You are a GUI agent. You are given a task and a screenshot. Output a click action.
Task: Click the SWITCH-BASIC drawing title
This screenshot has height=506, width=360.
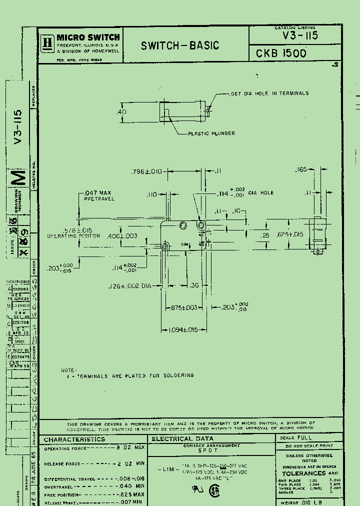point(180,45)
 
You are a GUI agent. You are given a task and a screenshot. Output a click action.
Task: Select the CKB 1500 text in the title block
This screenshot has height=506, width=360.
point(281,53)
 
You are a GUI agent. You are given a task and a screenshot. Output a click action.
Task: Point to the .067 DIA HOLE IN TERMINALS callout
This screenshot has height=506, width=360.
point(269,93)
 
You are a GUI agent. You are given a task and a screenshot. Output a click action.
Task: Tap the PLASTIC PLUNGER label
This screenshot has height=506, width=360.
point(211,133)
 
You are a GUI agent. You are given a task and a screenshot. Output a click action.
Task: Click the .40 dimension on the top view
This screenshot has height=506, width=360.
point(121,112)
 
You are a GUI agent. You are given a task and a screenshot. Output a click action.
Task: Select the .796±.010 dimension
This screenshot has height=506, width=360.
point(146,171)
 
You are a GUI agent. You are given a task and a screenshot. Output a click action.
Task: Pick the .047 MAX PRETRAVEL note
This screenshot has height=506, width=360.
point(99,195)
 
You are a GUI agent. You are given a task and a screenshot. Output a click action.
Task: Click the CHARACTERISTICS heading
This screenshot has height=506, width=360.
point(74,439)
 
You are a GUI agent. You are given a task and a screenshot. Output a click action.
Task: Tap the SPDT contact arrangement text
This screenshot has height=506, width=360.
point(211,450)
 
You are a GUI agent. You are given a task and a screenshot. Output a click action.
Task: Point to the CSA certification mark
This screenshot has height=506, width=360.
point(214,492)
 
